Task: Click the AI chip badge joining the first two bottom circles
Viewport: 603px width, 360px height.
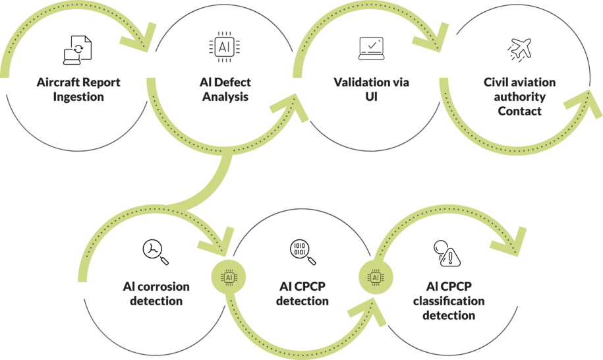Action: [229, 278]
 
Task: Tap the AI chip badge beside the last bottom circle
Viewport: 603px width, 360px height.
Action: [376, 278]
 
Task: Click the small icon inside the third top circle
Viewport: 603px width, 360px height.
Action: [365, 47]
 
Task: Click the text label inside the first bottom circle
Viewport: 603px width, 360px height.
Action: [156, 291]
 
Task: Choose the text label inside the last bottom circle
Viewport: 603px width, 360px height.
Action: [452, 300]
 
